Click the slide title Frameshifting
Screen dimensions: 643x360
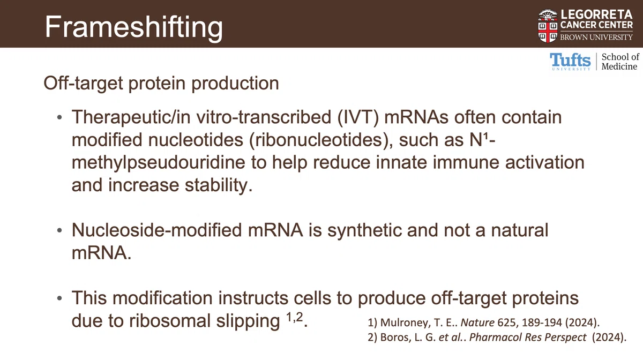click(134, 27)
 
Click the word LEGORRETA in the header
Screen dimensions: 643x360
click(596, 14)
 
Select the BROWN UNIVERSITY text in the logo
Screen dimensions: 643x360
click(596, 37)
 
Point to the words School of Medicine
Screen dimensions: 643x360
click(620, 62)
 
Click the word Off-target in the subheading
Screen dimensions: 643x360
click(83, 84)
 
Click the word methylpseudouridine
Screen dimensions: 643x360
click(158, 163)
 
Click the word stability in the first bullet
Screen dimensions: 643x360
click(219, 185)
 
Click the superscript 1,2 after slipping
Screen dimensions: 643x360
click(295, 317)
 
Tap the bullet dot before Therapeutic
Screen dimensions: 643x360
click(59, 117)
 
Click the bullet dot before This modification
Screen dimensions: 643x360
click(59, 298)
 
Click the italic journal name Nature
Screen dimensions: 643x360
click(477, 322)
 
